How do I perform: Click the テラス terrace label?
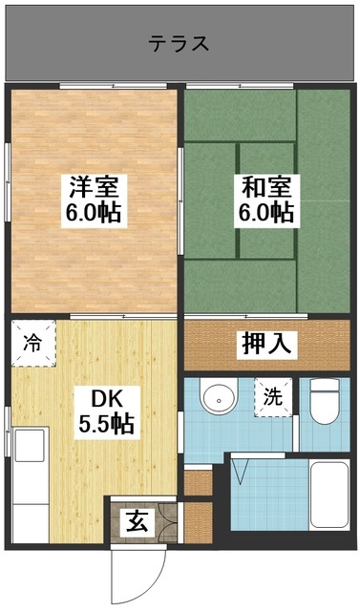click(x=179, y=43)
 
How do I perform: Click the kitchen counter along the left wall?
click(x=28, y=477)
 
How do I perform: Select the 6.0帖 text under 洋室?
click(x=93, y=212)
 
